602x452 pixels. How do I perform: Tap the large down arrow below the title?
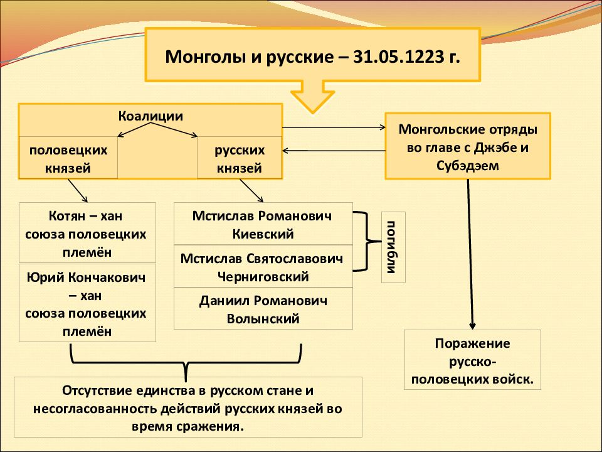coord(312,97)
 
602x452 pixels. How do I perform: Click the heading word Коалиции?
coord(150,116)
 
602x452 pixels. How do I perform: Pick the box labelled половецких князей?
coord(68,158)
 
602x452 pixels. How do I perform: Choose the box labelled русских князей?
coord(240,158)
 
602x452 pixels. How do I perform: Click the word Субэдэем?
coord(468,166)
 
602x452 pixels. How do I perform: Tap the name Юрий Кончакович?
coord(87,277)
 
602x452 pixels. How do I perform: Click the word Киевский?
coord(263,234)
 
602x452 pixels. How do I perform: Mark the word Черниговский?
coord(263,277)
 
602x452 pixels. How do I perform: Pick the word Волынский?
coord(263,319)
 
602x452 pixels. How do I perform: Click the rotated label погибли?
coord(393,247)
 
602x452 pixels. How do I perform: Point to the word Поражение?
coord(473,343)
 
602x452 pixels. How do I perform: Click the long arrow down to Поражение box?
coord(470,254)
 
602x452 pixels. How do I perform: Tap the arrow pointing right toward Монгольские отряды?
coord(334,127)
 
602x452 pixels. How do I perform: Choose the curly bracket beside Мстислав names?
coord(367,241)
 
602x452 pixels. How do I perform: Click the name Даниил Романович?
coord(263,301)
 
